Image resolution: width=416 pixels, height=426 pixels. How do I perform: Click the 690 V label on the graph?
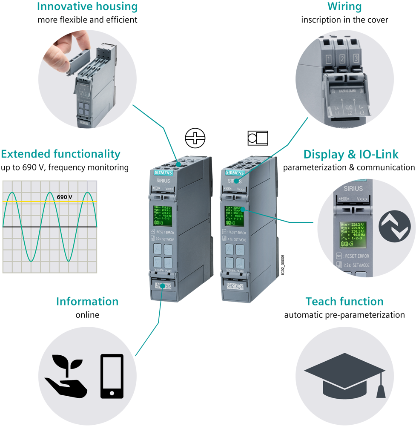pyautogui.click(x=66, y=197)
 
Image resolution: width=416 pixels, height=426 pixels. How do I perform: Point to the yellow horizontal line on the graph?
pyautogui.click(x=26, y=201)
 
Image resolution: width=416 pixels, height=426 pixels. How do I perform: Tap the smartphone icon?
pyautogui.click(x=112, y=376)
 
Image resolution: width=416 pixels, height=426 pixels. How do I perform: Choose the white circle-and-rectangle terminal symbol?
pyautogui.click(x=258, y=138)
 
